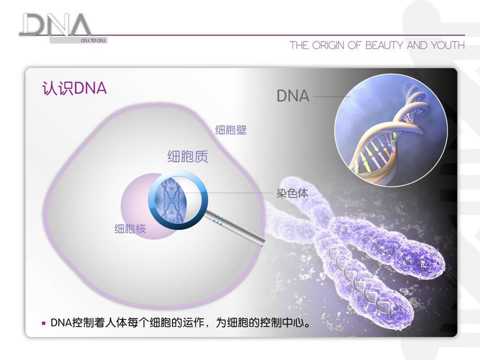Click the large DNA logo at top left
tap(55, 25)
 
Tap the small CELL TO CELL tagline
tap(93, 40)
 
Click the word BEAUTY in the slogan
tap(384, 45)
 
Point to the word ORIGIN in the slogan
tap(328, 45)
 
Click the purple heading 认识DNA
tap(74, 88)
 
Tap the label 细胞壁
tap(231, 130)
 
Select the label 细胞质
tap(187, 156)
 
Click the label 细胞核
tap(130, 228)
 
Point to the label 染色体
tap(292, 193)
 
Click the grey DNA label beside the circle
tap(293, 96)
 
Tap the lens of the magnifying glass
tap(177, 200)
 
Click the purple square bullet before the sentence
tap(43, 323)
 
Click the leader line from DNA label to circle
tap(332, 96)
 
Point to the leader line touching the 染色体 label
tap(226, 193)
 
